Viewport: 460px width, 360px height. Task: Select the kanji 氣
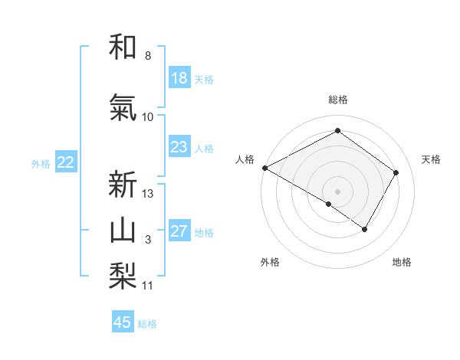pos(123,108)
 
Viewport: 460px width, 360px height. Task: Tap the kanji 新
pos(123,185)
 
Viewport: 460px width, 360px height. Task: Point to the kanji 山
pos(123,231)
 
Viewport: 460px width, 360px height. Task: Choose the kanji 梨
pos(123,277)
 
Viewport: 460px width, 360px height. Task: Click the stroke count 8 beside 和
pos(147,56)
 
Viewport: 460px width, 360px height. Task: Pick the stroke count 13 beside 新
pos(148,194)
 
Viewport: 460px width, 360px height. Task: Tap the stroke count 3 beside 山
pos(147,240)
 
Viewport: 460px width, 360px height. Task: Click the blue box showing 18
pos(179,78)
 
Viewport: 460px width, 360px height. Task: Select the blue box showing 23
pos(179,147)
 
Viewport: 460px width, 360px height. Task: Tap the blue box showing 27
pos(179,231)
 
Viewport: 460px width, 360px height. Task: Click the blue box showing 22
pos(66,162)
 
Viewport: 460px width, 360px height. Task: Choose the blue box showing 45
pos(123,322)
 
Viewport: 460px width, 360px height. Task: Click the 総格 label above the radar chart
pos(337,100)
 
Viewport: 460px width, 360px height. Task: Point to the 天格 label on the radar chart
pos(431,159)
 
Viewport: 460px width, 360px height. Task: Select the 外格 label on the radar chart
pos(270,262)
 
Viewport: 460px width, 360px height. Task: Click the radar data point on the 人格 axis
pos(264,167)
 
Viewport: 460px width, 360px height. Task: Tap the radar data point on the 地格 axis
pos(365,229)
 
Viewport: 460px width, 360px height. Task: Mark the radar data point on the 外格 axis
pos(329,204)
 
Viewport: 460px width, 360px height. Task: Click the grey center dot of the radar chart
pos(337,191)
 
